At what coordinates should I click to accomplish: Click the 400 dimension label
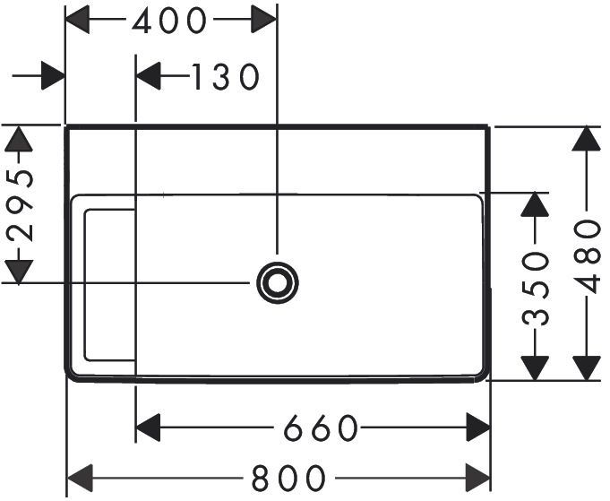(168, 21)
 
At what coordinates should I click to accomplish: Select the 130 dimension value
(226, 77)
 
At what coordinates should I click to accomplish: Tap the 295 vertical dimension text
(20, 205)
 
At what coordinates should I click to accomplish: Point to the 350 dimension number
(535, 289)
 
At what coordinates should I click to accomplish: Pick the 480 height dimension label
(587, 257)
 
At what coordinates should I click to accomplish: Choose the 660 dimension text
(320, 428)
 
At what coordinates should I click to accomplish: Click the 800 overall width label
(288, 478)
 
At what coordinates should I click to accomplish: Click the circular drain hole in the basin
(278, 282)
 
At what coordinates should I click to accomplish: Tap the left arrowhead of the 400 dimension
(77, 19)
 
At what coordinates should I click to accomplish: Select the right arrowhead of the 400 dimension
(263, 19)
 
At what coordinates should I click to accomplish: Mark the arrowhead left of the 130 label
(148, 75)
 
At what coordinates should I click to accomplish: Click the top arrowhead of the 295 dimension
(18, 138)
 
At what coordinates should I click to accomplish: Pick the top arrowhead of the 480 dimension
(587, 139)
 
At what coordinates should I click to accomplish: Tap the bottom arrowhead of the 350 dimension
(535, 367)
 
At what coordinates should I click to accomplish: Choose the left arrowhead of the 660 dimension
(148, 428)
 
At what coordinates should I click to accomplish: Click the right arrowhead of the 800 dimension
(477, 478)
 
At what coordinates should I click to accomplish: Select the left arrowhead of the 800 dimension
(80, 478)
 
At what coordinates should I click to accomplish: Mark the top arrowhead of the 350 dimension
(535, 204)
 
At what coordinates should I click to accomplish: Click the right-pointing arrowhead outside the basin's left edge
(53, 75)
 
